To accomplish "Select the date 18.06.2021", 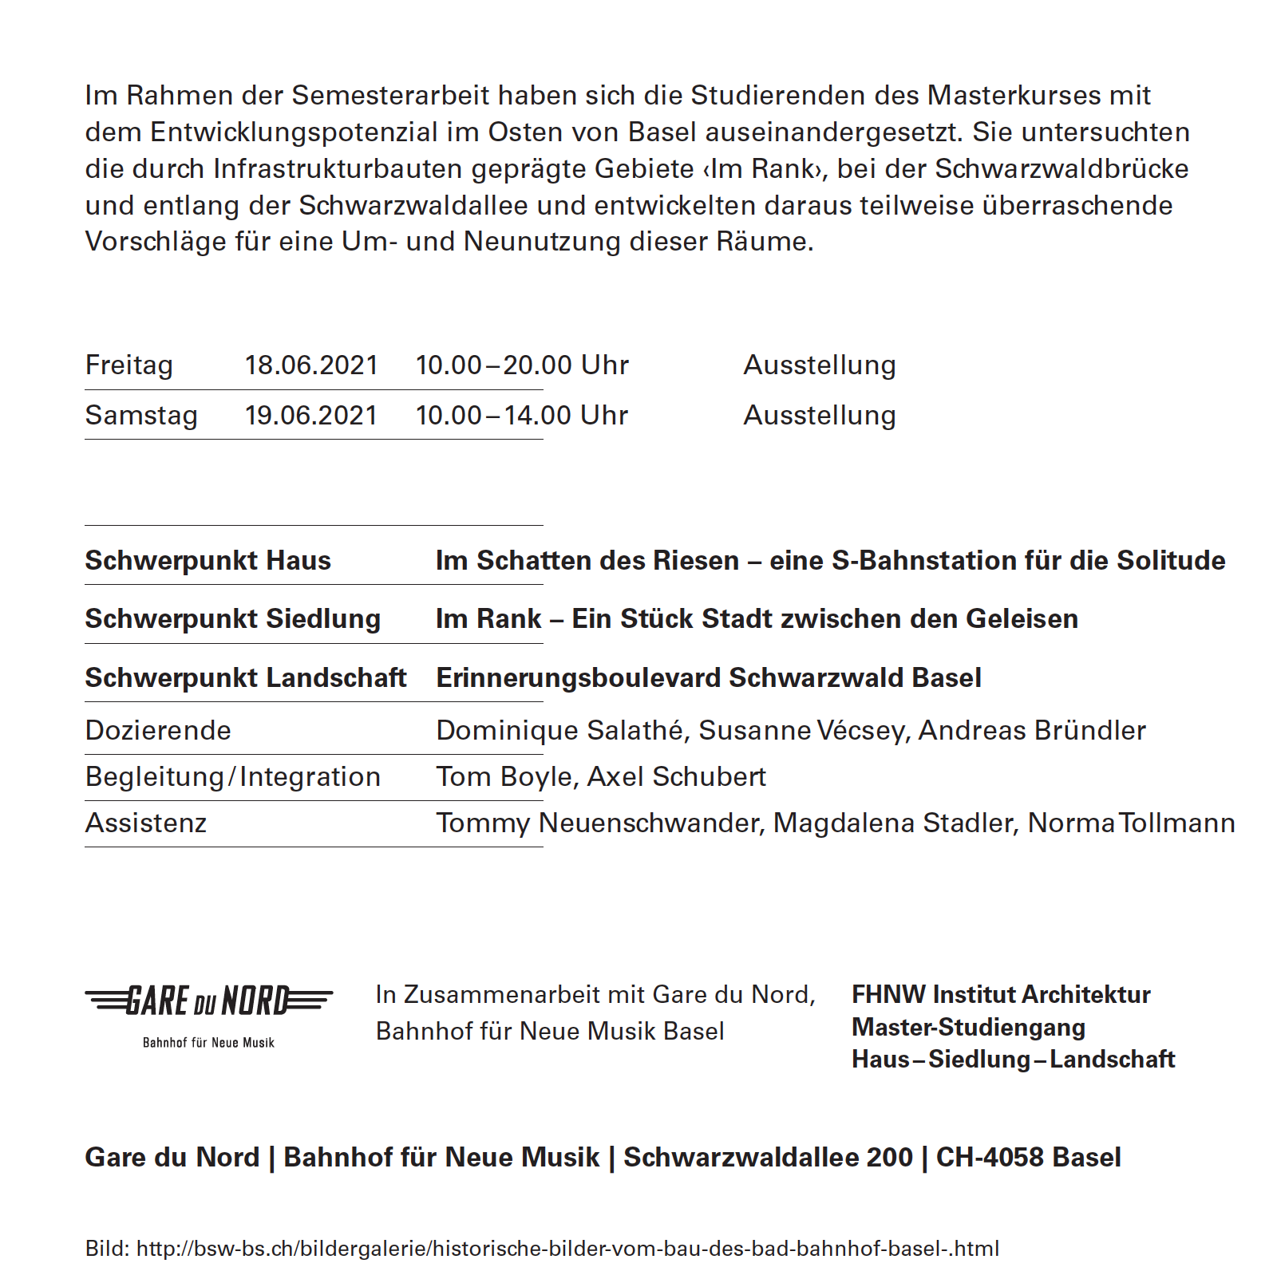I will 311,365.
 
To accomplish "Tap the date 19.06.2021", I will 311,416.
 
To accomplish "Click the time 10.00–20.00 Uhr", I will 522,365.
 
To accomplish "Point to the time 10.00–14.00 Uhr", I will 522,416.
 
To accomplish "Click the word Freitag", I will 129,365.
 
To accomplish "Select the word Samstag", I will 141,416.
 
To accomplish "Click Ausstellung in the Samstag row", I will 820,416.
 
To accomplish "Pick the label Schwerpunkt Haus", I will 208,561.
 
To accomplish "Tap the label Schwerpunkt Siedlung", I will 233,619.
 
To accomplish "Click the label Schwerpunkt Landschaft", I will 246,678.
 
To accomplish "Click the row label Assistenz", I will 146,823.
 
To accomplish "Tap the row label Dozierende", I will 158,731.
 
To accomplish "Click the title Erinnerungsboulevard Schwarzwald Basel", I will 709,678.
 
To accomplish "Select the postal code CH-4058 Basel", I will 1028,1158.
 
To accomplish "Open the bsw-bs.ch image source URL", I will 567,1249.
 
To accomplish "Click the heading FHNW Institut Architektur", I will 1001,995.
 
